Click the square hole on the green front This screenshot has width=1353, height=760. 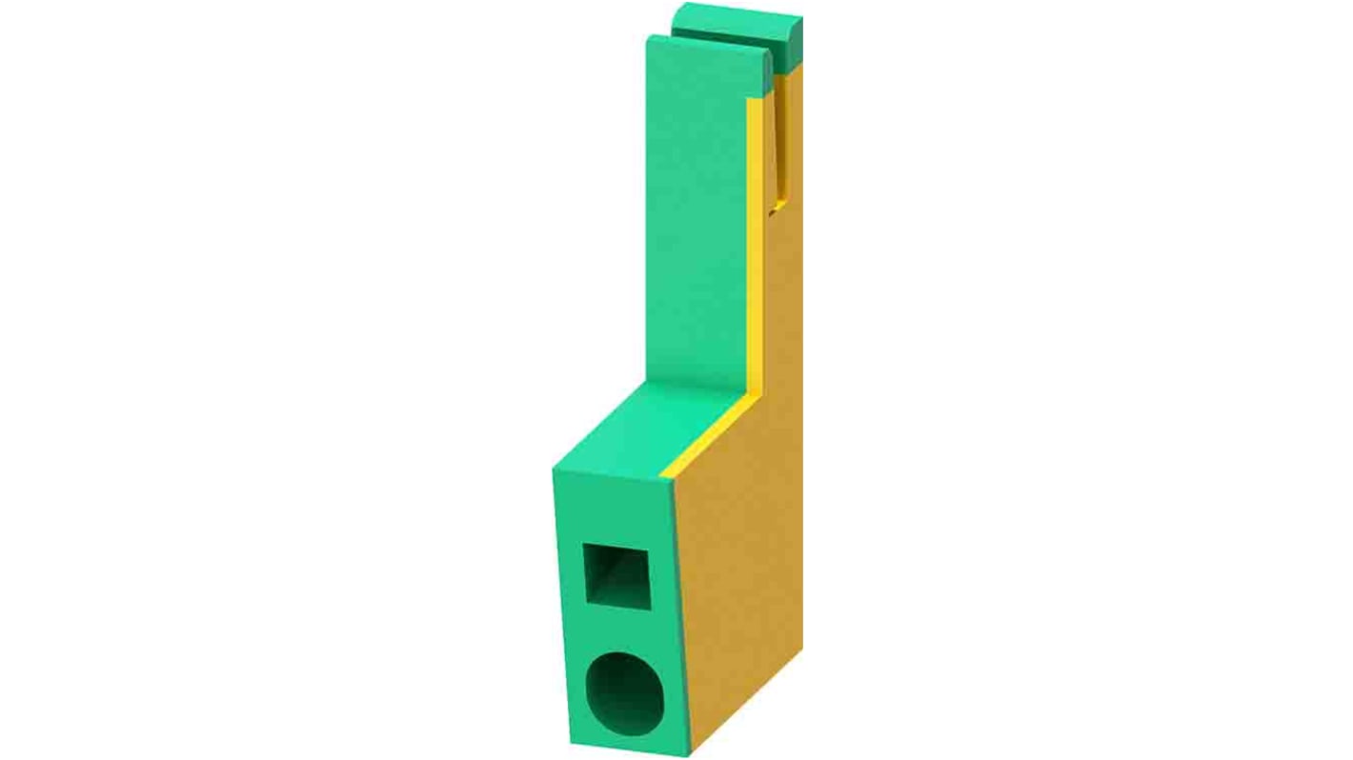tap(616, 573)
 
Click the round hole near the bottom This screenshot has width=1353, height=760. tap(625, 693)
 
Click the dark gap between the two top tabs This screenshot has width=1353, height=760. tap(724, 40)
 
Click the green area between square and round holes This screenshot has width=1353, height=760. tap(621, 630)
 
